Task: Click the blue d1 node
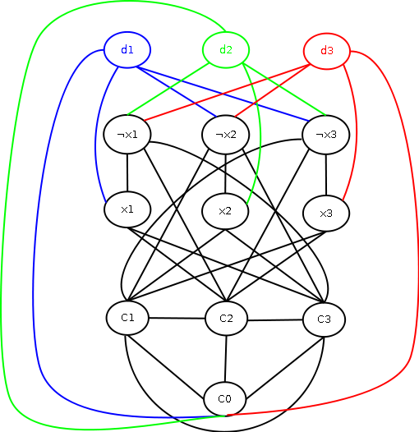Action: point(127,50)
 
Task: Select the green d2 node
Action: point(226,50)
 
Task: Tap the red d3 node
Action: point(327,51)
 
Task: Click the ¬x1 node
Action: point(127,135)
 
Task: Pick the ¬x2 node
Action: point(225,135)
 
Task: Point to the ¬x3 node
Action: point(326,135)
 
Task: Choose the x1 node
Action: point(127,209)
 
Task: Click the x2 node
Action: point(225,211)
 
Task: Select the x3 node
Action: point(326,214)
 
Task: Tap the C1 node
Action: point(127,318)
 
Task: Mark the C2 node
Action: point(226,319)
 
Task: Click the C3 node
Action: point(324,319)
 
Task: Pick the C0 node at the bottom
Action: point(224,398)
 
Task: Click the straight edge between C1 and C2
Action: point(177,318)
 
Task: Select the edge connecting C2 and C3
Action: point(275,320)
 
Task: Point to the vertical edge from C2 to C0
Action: point(225,359)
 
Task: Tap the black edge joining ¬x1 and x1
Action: point(127,172)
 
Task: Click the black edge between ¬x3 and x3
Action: point(326,175)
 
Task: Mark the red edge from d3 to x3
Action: point(357,132)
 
